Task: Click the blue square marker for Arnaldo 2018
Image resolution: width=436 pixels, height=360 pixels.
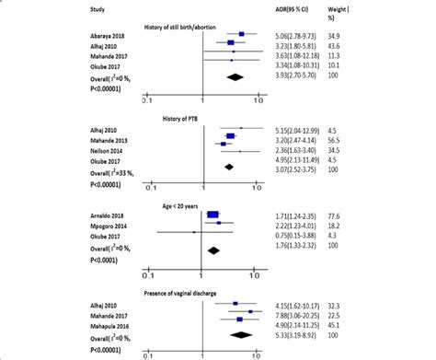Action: [212, 213]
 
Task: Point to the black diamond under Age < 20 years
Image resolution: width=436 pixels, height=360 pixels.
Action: [215, 248]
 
